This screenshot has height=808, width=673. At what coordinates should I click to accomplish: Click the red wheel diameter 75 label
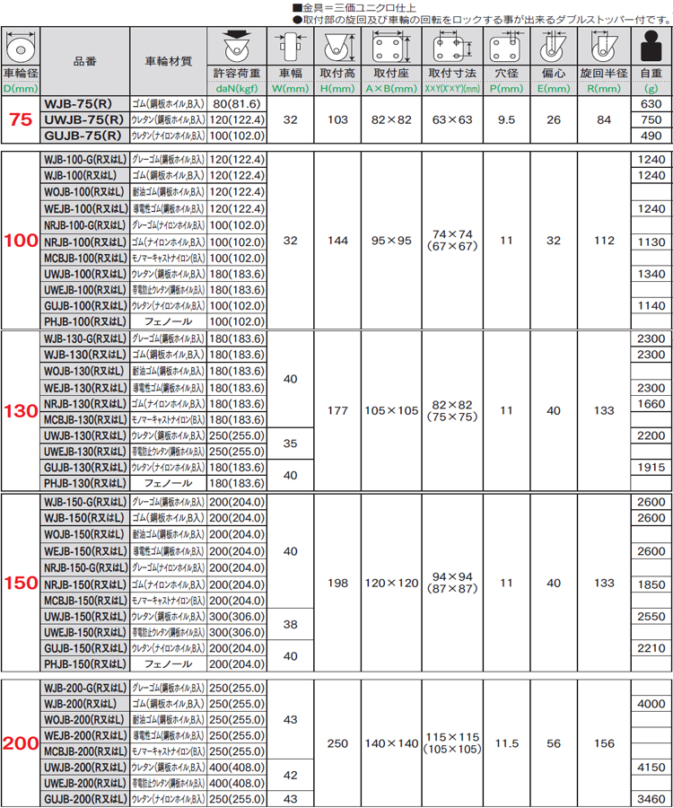(20, 120)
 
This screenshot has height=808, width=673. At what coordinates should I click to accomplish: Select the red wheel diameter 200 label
(20, 743)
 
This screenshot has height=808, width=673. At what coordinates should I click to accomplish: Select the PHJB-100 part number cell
(85, 321)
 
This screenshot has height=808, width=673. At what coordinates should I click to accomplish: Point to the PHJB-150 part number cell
(85, 663)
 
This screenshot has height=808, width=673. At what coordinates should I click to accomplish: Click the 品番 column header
(85, 60)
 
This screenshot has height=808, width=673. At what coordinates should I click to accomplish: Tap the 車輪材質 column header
(168, 60)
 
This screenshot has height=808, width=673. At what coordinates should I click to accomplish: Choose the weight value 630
(651, 104)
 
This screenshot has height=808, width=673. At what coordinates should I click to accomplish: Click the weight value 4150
(651, 767)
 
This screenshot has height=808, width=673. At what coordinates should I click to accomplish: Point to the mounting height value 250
(336, 743)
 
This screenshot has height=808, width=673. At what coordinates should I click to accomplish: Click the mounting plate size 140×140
(391, 743)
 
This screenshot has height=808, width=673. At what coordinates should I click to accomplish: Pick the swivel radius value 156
(604, 743)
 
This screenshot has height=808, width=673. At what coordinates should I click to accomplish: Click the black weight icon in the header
(651, 44)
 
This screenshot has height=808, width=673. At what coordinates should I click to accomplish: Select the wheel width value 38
(289, 623)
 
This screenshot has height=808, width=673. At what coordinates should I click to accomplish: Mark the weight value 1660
(651, 403)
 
